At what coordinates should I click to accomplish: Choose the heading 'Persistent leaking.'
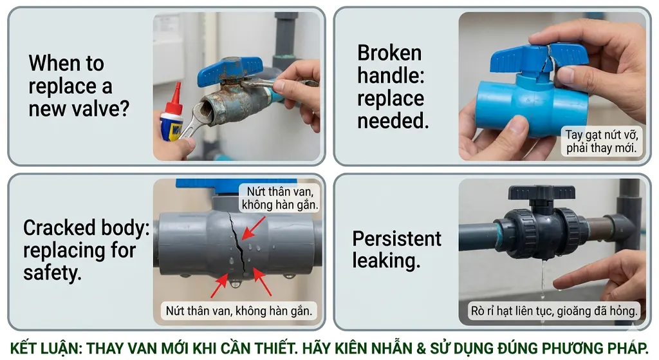click(x=396, y=249)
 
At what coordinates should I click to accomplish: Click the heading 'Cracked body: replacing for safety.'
click(x=86, y=250)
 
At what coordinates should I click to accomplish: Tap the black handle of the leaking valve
click(x=541, y=193)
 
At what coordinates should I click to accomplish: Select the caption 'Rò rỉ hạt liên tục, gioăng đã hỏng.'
click(x=554, y=311)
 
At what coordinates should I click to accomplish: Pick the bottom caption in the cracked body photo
click(x=239, y=311)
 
